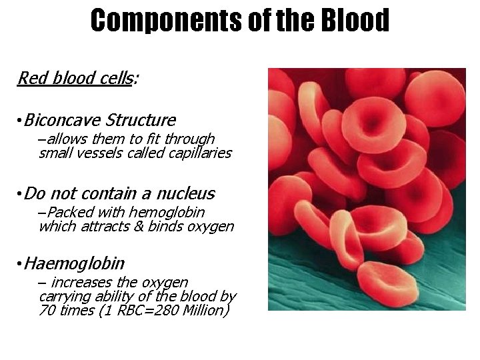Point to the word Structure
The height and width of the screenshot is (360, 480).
pos(141,121)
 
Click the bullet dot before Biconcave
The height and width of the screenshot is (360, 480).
pos(20,121)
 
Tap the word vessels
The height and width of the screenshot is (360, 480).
pos(95,153)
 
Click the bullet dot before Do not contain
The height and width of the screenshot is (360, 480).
pos(20,194)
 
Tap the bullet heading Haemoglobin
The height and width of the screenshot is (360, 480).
pos(74,264)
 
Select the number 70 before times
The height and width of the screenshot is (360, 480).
pos(47,311)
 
